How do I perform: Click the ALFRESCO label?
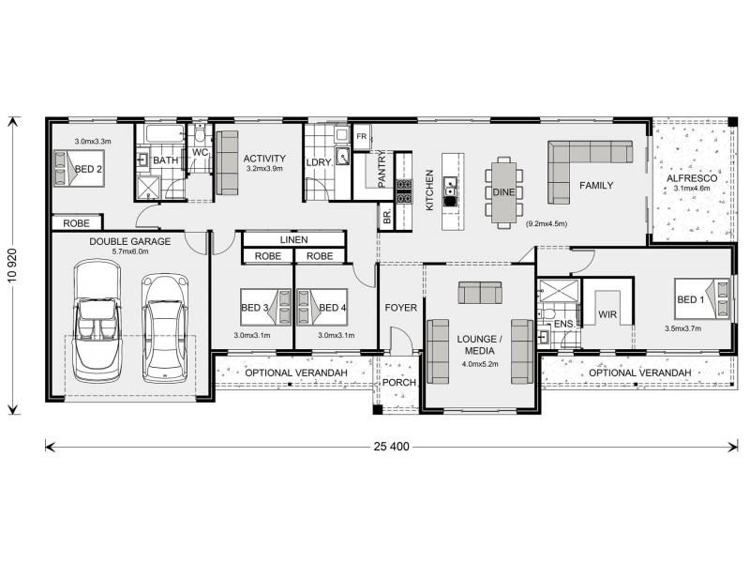click(x=692, y=177)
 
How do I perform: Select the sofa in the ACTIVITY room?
click(x=227, y=162)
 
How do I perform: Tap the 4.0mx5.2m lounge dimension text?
click(x=479, y=363)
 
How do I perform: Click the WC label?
click(x=200, y=152)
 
